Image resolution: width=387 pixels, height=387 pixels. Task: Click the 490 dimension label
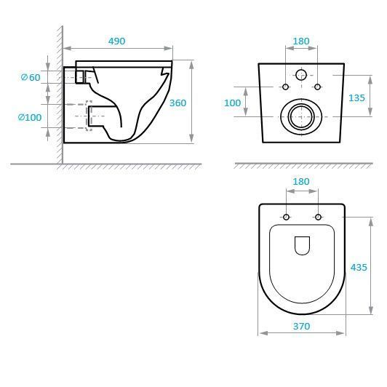click(116, 41)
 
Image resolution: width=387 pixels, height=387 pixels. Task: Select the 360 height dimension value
click(177, 103)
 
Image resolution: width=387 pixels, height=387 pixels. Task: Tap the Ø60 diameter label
click(31, 78)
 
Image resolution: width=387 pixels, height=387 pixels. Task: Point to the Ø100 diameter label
click(30, 117)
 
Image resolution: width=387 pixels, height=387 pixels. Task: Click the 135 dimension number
click(356, 98)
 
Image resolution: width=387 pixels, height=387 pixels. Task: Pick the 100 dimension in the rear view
click(232, 103)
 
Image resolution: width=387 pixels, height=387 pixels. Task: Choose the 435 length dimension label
click(359, 267)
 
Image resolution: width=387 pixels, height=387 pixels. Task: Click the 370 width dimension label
click(302, 327)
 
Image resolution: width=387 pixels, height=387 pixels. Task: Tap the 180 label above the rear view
click(301, 41)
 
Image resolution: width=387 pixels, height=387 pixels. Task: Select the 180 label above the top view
click(301, 182)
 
